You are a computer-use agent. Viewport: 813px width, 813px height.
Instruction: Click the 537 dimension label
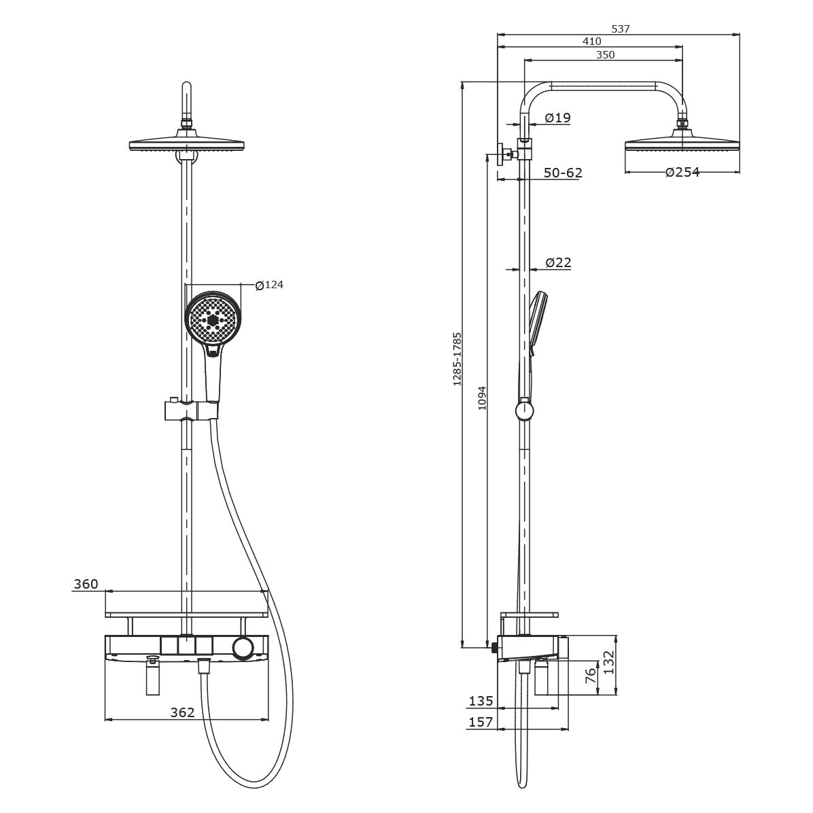[x=620, y=29]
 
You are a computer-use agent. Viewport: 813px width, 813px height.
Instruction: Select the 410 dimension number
[x=591, y=41]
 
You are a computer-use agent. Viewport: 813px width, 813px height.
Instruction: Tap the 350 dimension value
[x=605, y=55]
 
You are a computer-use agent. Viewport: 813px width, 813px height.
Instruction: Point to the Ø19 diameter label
[x=558, y=118]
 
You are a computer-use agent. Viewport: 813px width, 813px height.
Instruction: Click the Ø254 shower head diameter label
[x=682, y=172]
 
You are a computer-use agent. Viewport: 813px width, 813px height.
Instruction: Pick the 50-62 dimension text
[x=563, y=173]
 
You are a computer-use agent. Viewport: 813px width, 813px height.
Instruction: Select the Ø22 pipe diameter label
[x=558, y=263]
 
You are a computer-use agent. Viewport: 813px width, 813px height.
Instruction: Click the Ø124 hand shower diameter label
[x=269, y=285]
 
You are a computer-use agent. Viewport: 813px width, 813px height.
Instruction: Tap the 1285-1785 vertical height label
[x=457, y=360]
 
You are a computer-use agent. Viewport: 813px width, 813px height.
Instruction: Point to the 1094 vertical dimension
[x=482, y=398]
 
